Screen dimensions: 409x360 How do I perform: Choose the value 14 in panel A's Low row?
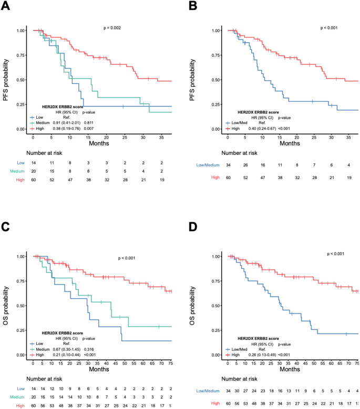coord(33,164)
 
